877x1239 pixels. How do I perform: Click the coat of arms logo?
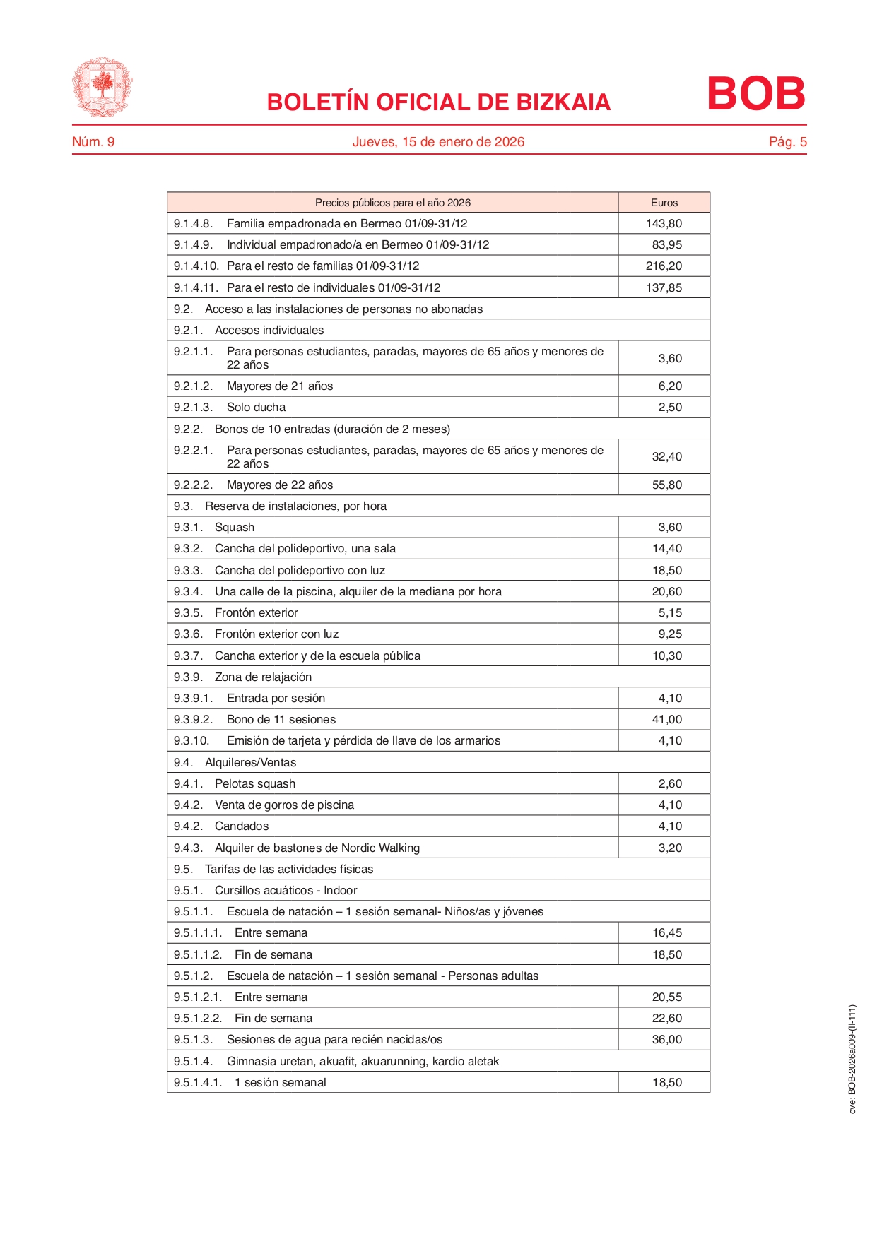click(102, 87)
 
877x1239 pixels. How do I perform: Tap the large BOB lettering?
click(755, 93)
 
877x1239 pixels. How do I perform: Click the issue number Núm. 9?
click(93, 142)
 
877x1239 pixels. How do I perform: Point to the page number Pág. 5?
click(787, 142)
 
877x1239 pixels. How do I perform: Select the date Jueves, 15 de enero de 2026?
click(438, 142)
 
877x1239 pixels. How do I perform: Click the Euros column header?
click(664, 203)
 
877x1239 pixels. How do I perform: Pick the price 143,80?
click(664, 224)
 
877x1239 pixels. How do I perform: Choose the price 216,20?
click(664, 266)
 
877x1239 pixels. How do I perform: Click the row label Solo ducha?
click(256, 408)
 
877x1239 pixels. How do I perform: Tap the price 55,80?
click(666, 485)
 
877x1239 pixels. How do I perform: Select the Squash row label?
click(235, 528)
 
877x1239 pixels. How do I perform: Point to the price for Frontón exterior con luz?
click(670, 634)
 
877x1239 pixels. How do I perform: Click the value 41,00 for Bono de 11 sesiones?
click(666, 720)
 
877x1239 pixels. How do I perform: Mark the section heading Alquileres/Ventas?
click(251, 763)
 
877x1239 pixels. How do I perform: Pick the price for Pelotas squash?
click(670, 784)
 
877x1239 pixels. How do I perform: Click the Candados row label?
click(242, 826)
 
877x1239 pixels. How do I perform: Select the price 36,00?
click(666, 1040)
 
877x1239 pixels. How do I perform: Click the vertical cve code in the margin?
click(852, 1059)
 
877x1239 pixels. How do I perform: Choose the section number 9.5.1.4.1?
click(198, 1083)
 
